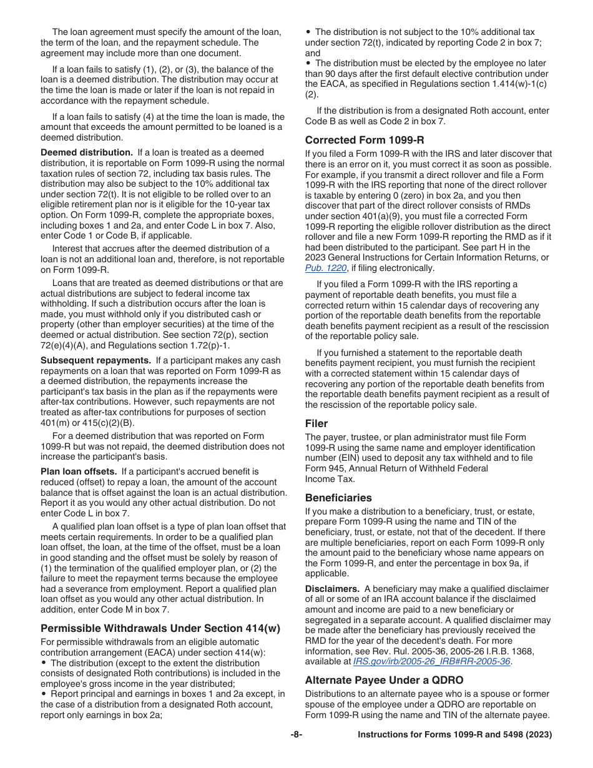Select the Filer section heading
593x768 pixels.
click(316, 423)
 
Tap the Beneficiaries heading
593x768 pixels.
click(338, 498)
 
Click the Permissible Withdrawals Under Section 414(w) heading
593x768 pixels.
click(160, 628)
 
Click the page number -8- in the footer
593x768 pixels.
click(296, 735)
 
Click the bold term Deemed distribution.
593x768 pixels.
click(86, 152)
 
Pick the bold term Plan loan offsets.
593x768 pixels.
click(79, 471)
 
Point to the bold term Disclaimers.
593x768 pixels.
click(332, 589)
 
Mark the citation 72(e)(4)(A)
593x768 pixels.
click(65, 345)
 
